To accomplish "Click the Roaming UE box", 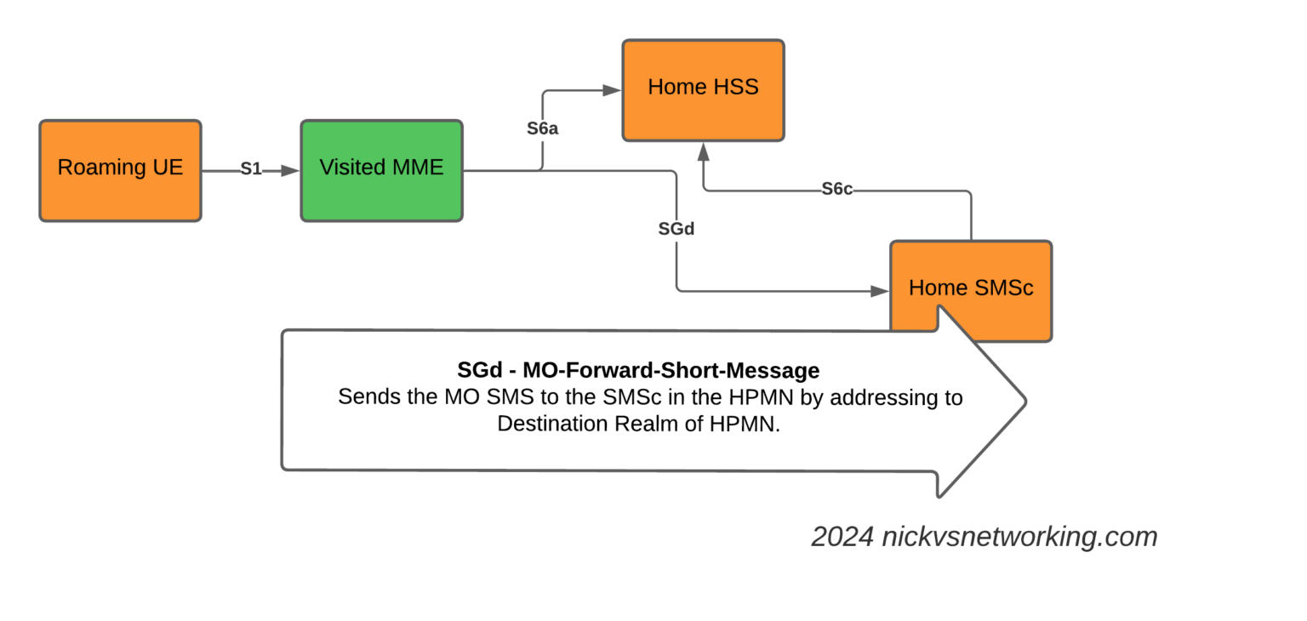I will [x=120, y=170].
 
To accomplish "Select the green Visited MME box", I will [x=381, y=170].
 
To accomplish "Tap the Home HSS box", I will [x=703, y=89].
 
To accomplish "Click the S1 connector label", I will [x=250, y=169].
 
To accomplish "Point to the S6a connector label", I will [x=542, y=129].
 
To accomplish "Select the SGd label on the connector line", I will [x=676, y=229].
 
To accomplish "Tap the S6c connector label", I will [x=837, y=189].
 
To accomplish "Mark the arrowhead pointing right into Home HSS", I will [x=612, y=89].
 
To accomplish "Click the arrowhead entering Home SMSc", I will [x=879, y=291].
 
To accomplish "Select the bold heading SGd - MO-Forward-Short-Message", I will [x=638, y=371].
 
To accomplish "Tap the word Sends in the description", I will [x=363, y=397].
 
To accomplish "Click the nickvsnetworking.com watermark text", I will [x=1019, y=538].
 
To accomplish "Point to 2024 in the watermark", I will [x=842, y=538].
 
